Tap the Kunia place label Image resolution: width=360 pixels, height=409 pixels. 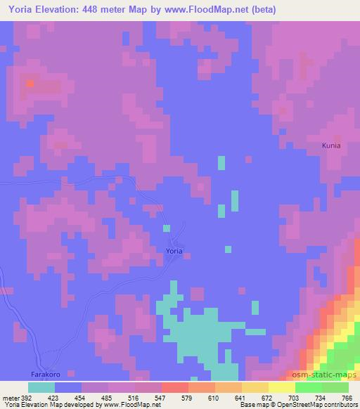(x=331, y=145)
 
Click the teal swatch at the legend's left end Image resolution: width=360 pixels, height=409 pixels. (x=41, y=387)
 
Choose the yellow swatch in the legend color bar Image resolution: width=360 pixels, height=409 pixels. (x=281, y=387)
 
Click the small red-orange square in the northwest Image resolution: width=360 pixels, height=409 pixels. (x=30, y=84)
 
